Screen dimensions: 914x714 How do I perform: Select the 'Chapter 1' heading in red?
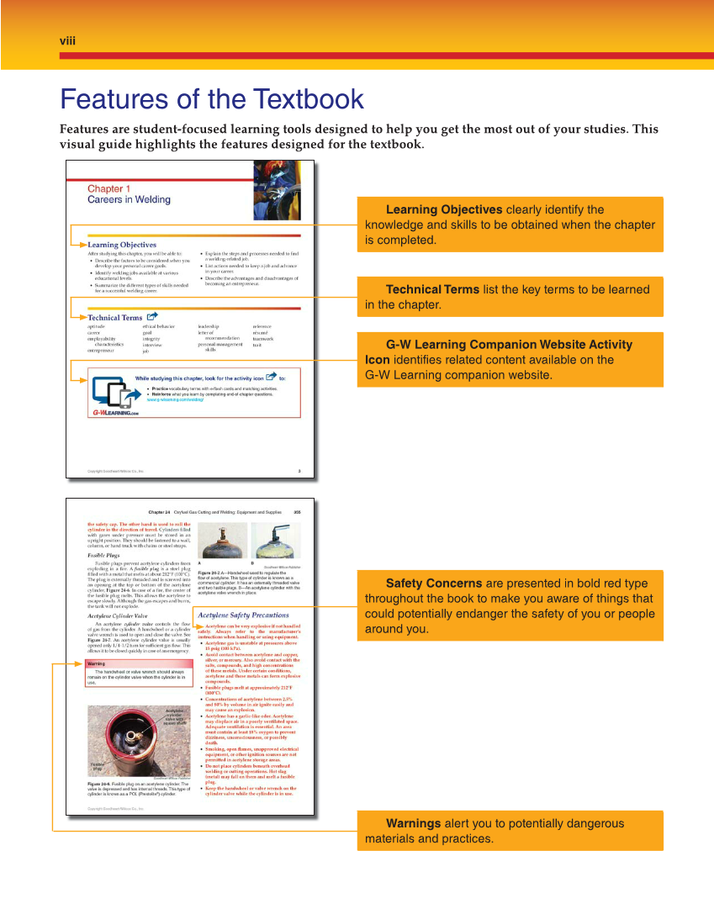[109, 189]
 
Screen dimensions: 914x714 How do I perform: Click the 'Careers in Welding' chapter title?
[129, 200]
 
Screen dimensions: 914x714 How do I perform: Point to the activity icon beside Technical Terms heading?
[152, 317]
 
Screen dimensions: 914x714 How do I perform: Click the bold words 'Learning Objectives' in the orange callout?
[443, 209]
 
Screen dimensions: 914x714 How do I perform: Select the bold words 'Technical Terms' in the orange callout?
[432, 289]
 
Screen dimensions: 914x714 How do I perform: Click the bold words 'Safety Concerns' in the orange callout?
[433, 584]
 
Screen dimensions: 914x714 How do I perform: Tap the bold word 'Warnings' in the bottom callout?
[413, 823]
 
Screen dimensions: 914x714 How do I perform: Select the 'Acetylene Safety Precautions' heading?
[243, 615]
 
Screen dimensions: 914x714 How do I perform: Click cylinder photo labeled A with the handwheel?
[220, 540]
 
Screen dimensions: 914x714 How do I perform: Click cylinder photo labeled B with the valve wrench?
[275, 540]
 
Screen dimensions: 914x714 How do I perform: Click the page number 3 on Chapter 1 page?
[299, 471]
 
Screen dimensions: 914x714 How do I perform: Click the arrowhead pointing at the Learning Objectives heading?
[87, 245]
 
